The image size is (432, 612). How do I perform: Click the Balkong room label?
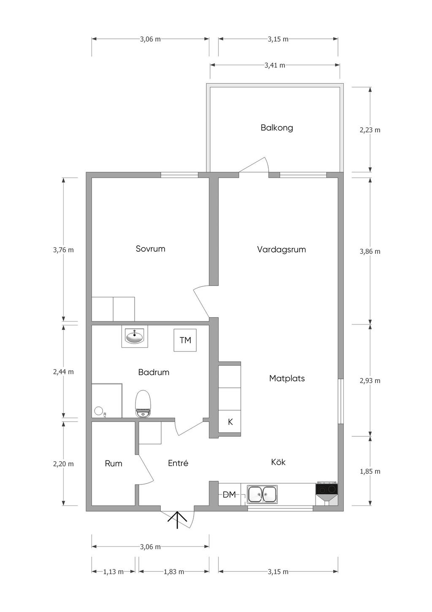tap(277, 128)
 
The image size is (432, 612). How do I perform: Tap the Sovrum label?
tap(150, 249)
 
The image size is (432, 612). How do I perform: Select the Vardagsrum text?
tap(281, 250)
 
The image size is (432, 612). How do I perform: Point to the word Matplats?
tap(287, 378)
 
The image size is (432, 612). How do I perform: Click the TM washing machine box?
tap(185, 340)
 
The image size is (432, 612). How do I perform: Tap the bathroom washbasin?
tap(135, 336)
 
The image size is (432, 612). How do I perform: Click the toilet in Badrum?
tap(143, 404)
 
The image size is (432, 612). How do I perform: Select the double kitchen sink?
tap(262, 494)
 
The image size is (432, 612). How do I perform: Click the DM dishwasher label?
tap(229, 495)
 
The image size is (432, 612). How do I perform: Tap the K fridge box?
tap(229, 422)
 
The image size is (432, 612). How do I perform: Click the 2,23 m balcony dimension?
tap(370, 130)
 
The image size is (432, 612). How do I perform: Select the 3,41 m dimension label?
tap(275, 65)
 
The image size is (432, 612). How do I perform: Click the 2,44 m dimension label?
tap(63, 372)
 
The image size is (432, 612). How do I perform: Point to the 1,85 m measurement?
tap(370, 472)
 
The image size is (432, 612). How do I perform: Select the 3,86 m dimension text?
tap(370, 252)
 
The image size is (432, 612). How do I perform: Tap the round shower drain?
tap(99, 411)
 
